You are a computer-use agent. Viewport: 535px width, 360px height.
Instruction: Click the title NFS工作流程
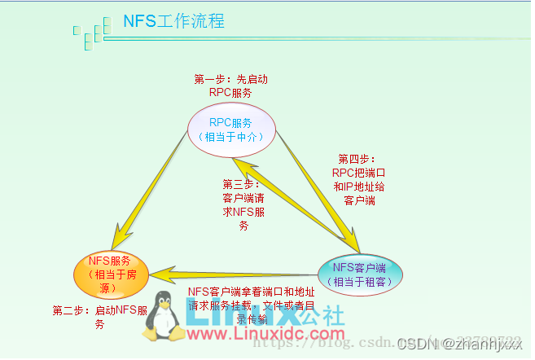(173, 20)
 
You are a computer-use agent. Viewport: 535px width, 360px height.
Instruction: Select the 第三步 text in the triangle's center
(243, 205)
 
